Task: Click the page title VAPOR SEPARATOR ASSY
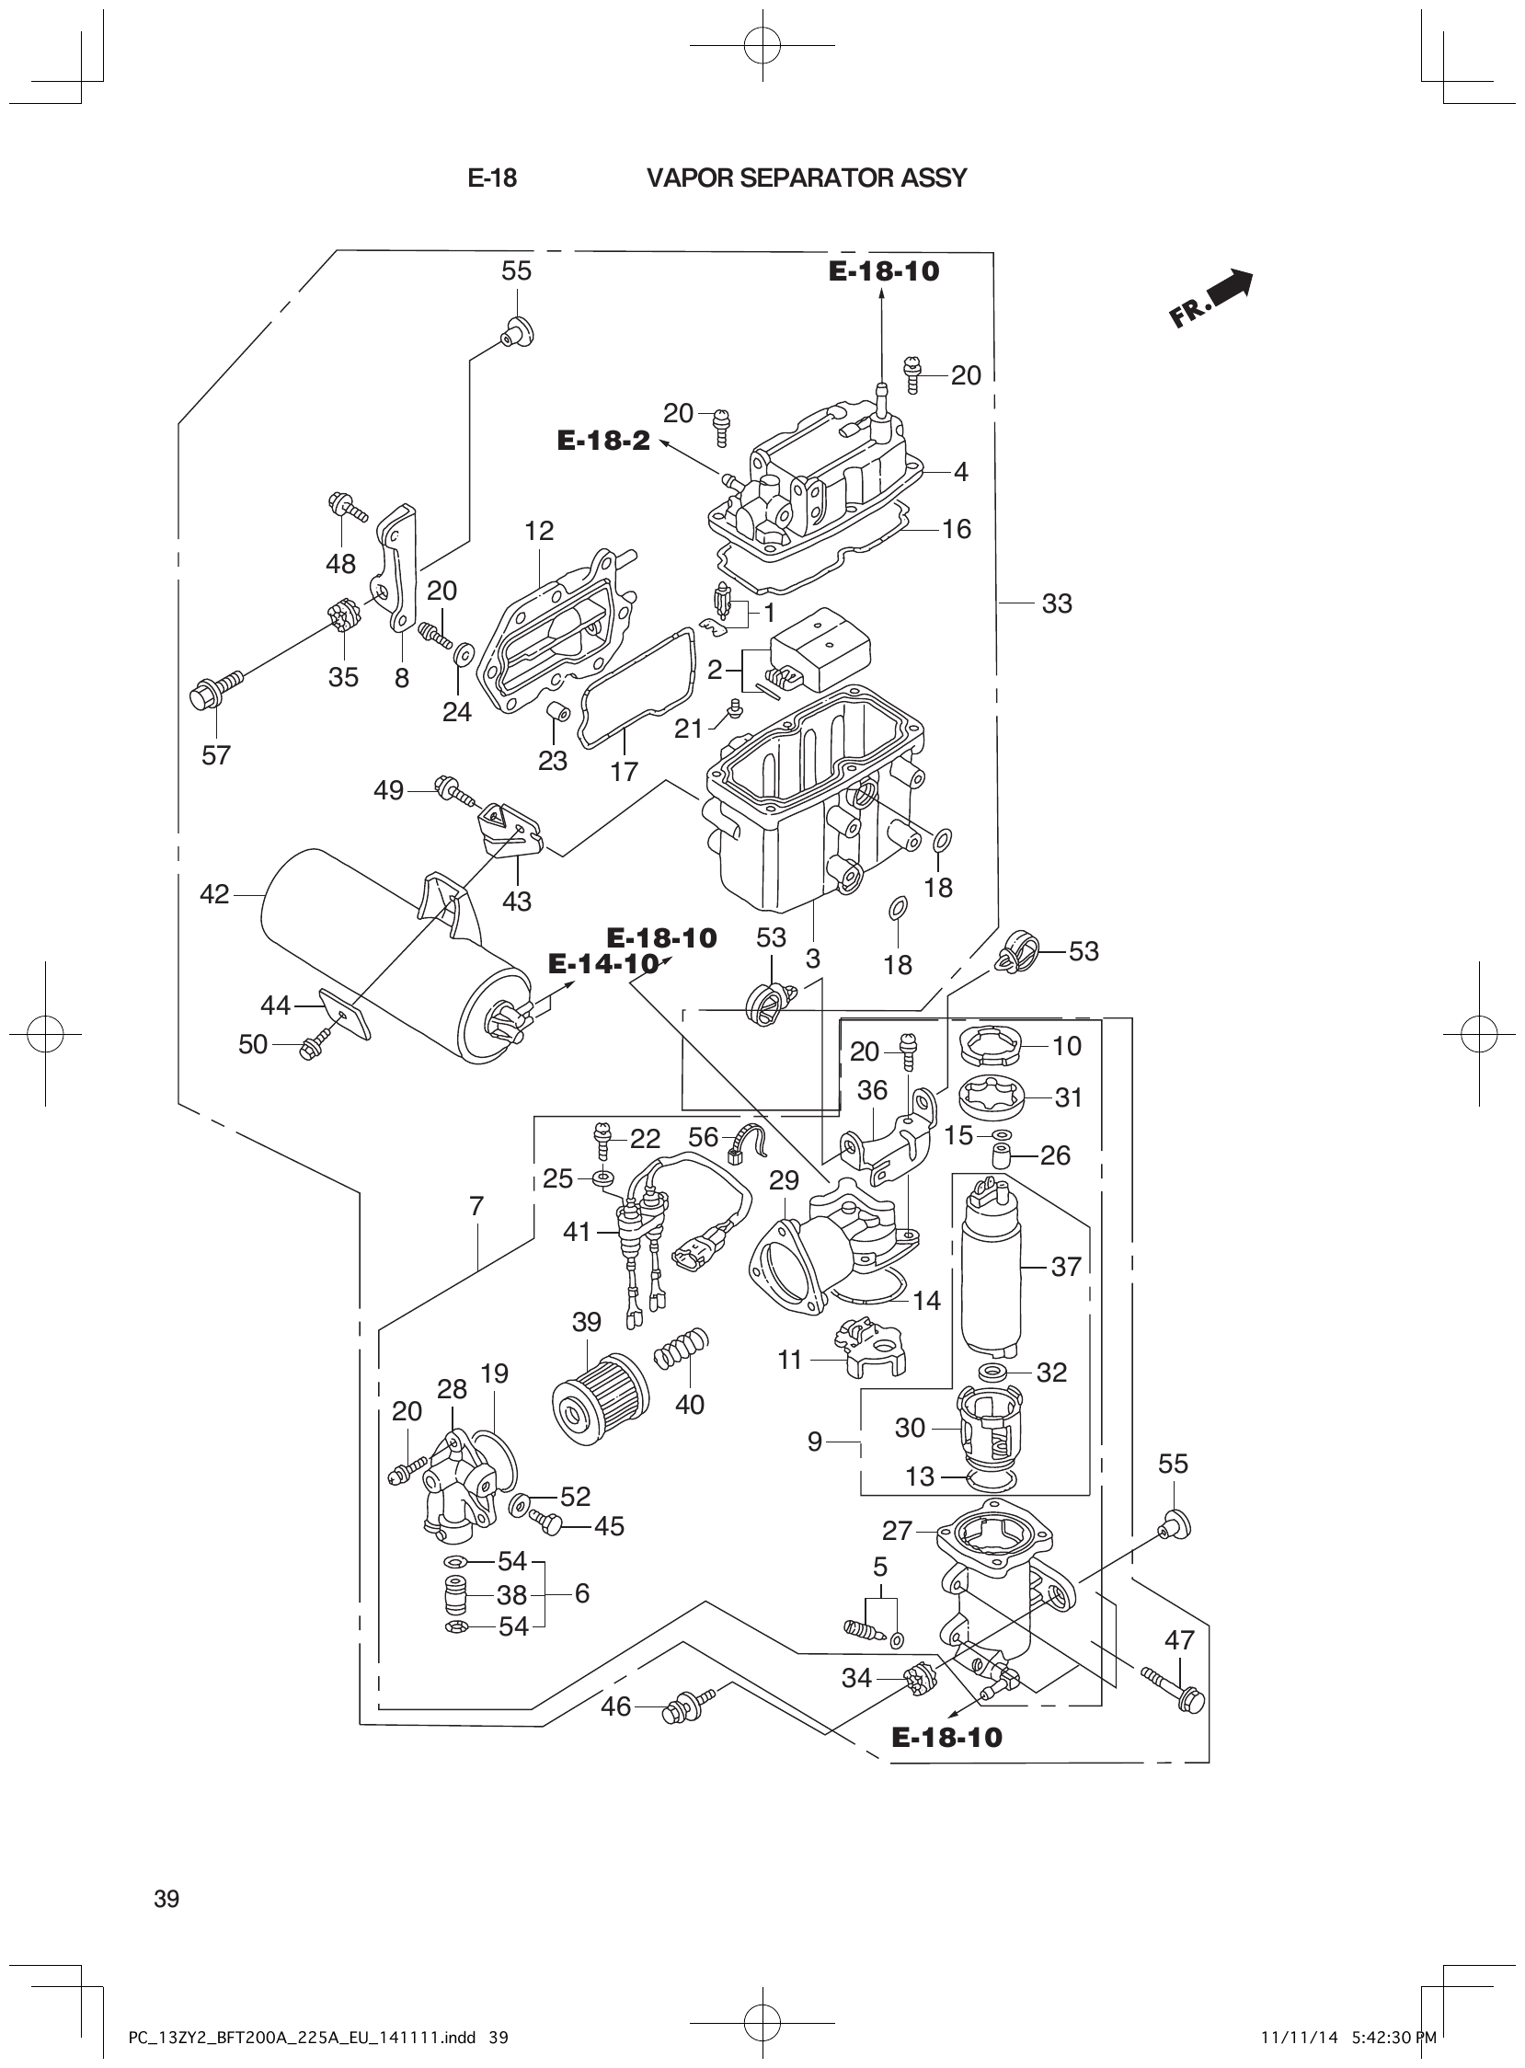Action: pos(806,178)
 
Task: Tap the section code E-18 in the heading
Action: pos(492,178)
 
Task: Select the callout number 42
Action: pos(214,893)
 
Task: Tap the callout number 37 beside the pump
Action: pos(1065,1266)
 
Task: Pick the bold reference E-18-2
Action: pos(602,441)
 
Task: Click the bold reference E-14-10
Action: pos(602,964)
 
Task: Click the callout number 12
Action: pos(539,531)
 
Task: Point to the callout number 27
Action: pos(897,1531)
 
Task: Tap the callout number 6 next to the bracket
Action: pos(581,1593)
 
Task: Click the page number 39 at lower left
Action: pos(167,1899)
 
